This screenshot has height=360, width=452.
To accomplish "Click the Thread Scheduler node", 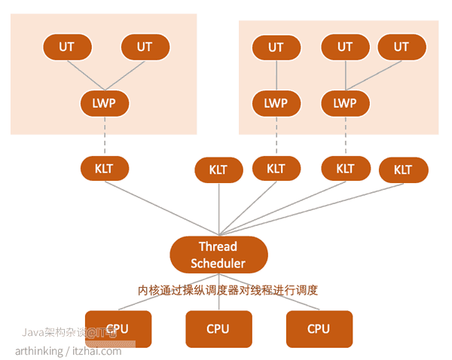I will point(218,255).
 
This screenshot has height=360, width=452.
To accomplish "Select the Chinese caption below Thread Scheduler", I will point(228,290).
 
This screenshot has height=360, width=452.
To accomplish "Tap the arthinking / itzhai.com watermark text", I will point(68,351).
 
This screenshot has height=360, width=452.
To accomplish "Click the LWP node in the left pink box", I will point(104,103).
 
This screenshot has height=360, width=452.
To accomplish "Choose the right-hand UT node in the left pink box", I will point(145,47).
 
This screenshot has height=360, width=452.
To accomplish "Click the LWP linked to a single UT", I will point(276,103).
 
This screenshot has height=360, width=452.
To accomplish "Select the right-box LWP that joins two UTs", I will point(345,103).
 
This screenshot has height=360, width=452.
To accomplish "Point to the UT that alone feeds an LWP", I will point(276,47).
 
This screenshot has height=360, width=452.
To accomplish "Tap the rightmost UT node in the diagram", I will point(402,47).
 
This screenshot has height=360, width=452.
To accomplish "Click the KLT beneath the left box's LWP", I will point(104,169).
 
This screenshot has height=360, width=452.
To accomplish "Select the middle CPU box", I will point(218,329).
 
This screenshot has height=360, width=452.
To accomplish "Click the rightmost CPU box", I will point(319,329).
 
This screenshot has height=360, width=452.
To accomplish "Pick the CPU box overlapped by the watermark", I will point(118,329).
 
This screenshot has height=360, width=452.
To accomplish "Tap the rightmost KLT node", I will point(403,169).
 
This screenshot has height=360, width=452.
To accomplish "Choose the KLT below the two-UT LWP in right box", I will point(345,169).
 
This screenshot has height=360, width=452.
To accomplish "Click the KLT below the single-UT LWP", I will point(276,169).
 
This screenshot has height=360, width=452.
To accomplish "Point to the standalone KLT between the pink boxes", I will point(218,169).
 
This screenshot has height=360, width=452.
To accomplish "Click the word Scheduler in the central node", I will point(218,264).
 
